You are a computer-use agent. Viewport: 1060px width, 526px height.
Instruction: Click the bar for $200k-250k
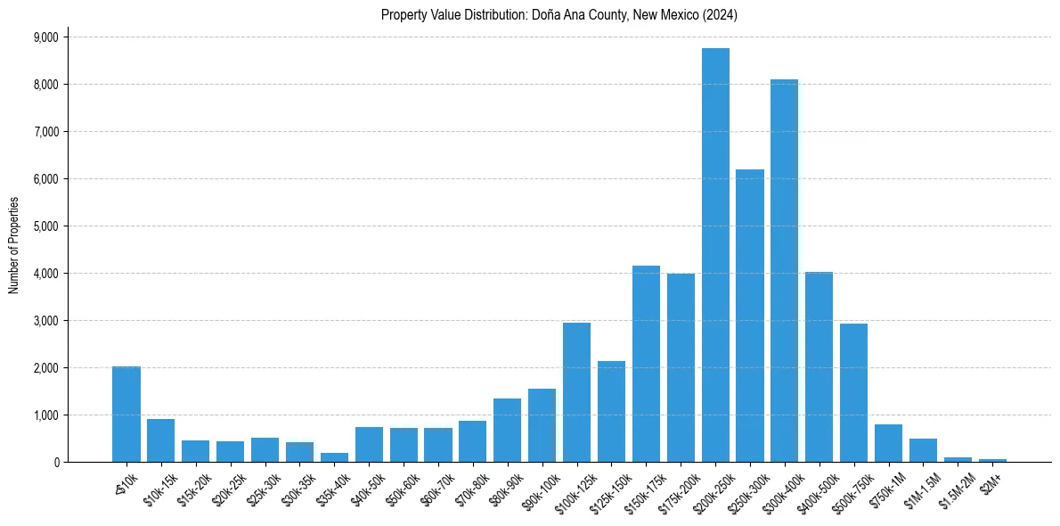(715, 259)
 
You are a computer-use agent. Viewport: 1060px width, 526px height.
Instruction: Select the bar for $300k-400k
(785, 272)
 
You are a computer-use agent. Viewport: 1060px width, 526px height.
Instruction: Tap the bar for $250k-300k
(750, 316)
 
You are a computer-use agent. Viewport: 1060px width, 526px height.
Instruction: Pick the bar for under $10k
(126, 415)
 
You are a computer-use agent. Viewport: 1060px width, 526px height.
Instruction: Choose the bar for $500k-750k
(853, 392)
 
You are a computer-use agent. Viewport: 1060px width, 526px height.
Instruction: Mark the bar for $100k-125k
(576, 392)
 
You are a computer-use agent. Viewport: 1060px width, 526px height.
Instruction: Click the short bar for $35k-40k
(334, 457)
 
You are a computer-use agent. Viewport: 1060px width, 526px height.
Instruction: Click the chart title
(559, 15)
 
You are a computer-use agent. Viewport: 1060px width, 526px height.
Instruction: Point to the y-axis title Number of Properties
(14, 244)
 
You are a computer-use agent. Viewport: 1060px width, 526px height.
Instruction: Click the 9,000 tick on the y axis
(45, 37)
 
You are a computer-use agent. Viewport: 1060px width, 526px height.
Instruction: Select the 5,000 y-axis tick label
(45, 226)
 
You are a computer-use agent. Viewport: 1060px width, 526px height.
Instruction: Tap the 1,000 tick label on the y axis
(45, 415)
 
